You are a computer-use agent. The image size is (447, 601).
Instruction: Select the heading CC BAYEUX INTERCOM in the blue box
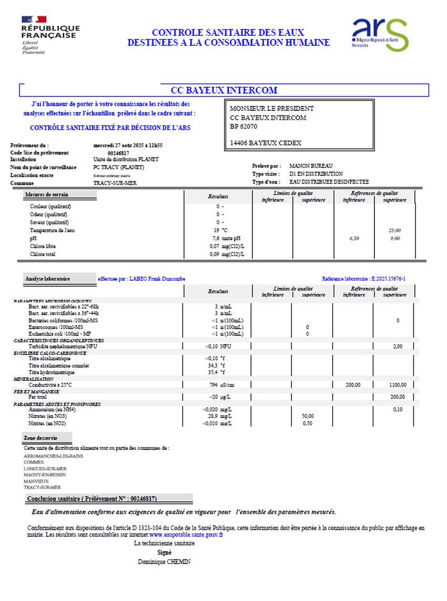click(x=224, y=90)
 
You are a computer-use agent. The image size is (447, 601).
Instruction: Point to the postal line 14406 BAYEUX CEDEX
click(x=266, y=143)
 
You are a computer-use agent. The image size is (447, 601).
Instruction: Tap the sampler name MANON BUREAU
click(x=311, y=166)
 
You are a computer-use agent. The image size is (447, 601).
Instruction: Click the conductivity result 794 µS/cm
click(x=221, y=385)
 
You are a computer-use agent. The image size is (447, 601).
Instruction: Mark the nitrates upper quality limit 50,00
click(x=308, y=416)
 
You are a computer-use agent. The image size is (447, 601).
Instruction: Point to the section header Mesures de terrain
click(x=46, y=195)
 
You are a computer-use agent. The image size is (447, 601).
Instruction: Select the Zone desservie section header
click(x=40, y=438)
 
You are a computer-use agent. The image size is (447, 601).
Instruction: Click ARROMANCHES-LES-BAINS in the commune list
click(x=53, y=456)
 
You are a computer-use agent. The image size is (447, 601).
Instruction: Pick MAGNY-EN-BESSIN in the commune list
click(x=45, y=475)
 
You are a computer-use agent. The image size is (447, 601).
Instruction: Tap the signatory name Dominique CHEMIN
click(x=165, y=562)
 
